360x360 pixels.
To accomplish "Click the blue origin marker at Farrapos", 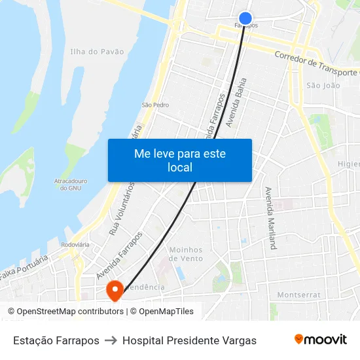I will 245,18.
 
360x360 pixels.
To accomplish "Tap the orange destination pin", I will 115,290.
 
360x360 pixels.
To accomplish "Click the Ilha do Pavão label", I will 97,51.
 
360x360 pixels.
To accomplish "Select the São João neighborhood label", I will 323,85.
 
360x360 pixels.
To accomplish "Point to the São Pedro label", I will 156,105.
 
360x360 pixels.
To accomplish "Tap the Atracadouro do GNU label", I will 70,184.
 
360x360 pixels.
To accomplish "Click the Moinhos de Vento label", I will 186,254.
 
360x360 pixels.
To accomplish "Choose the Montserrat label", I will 299,295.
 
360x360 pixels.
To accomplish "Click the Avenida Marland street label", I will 270,218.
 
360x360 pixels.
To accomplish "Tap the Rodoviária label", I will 75,245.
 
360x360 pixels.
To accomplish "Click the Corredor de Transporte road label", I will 317,64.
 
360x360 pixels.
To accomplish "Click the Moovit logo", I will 321,340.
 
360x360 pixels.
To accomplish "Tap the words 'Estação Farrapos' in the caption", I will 56,340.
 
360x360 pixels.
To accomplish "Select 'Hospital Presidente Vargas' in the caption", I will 189,340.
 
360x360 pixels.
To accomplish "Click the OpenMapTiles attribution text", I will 166,312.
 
